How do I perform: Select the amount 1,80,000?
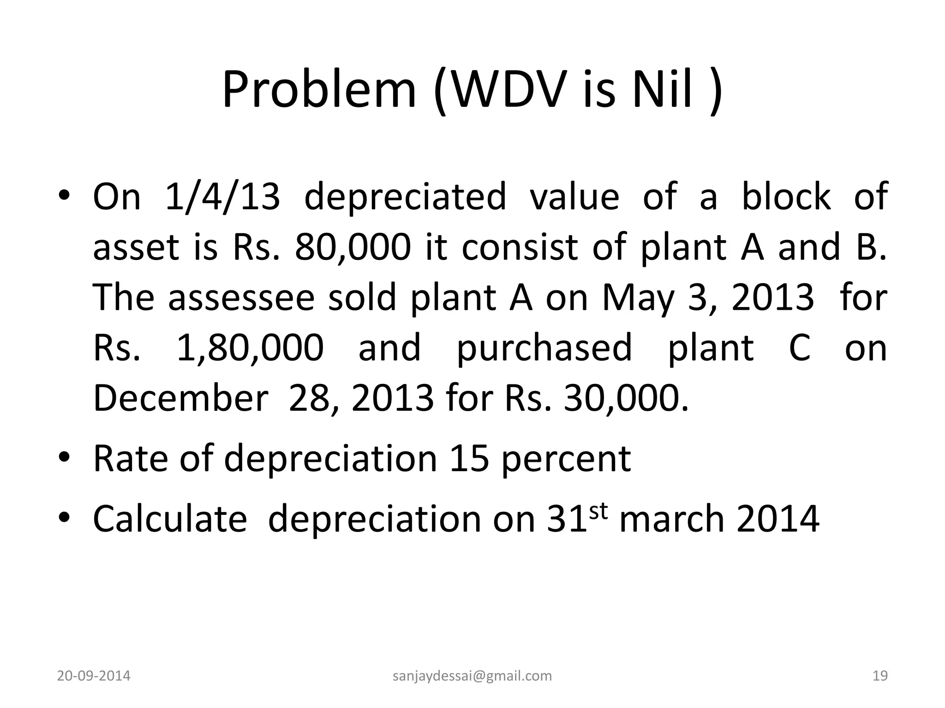(250, 348)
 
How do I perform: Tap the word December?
(180, 398)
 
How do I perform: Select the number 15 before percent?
(469, 459)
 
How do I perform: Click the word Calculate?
(170, 519)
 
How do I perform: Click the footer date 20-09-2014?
(94, 676)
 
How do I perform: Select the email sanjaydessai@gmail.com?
(472, 676)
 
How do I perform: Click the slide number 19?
(880, 676)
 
